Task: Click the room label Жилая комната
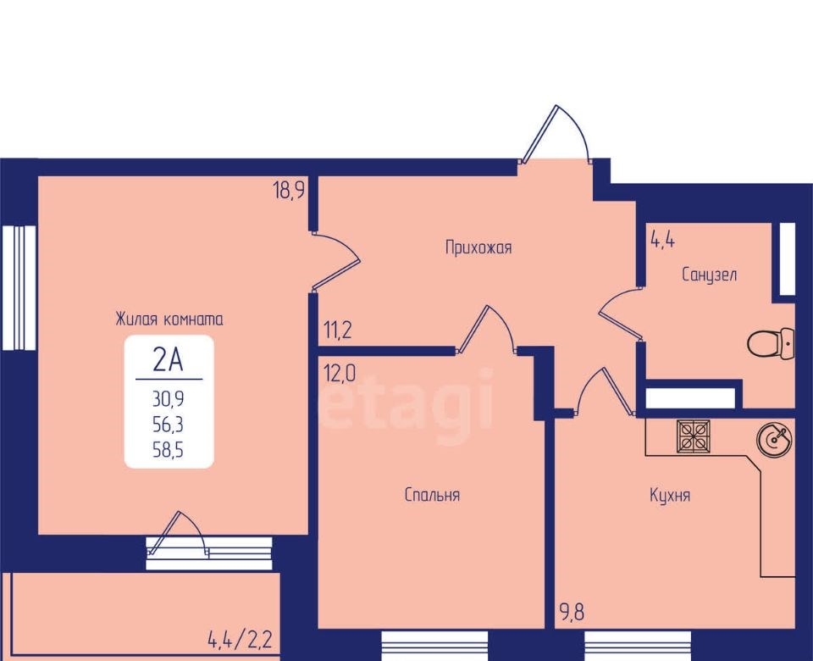169,319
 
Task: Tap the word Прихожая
478,247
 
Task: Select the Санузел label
710,274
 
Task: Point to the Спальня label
432,495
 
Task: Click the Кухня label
670,495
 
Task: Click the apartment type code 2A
169,359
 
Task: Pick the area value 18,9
289,191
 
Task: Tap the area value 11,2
338,330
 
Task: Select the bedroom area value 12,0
340,373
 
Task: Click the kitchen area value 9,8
572,612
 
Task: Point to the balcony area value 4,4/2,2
240,640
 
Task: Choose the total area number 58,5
168,450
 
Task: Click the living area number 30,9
168,399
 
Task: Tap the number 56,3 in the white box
168,425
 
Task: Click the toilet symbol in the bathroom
771,343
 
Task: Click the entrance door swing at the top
556,134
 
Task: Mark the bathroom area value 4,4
662,240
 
